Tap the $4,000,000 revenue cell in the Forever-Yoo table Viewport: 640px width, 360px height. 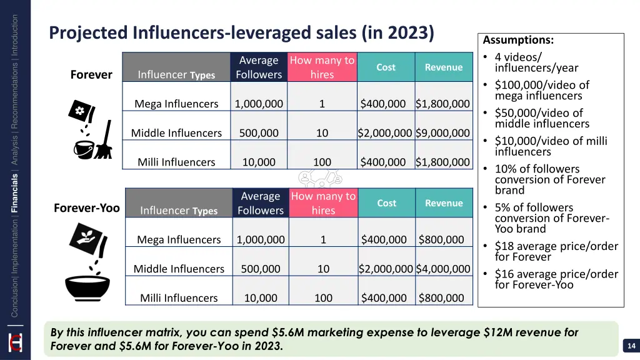(443, 269)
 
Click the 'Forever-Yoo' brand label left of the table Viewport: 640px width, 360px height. (86, 208)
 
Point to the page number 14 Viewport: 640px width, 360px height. (630, 346)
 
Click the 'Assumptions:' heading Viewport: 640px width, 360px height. (518, 40)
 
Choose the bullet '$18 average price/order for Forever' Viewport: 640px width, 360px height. (556, 251)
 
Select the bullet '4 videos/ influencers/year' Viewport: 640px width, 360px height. (536, 62)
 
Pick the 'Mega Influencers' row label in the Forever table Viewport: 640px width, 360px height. (176, 104)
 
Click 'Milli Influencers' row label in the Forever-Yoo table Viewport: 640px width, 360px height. (179, 298)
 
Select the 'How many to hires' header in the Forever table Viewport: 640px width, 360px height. (322, 67)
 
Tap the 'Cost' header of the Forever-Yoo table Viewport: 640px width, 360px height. (386, 203)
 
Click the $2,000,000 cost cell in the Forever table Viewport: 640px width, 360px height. (385, 133)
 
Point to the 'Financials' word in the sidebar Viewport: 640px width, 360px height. (15, 194)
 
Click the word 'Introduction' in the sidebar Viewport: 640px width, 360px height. (15, 35)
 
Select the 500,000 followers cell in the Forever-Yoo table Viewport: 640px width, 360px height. (261, 269)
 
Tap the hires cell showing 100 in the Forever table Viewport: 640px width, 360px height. (322, 162)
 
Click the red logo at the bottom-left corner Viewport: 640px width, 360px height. (14, 343)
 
